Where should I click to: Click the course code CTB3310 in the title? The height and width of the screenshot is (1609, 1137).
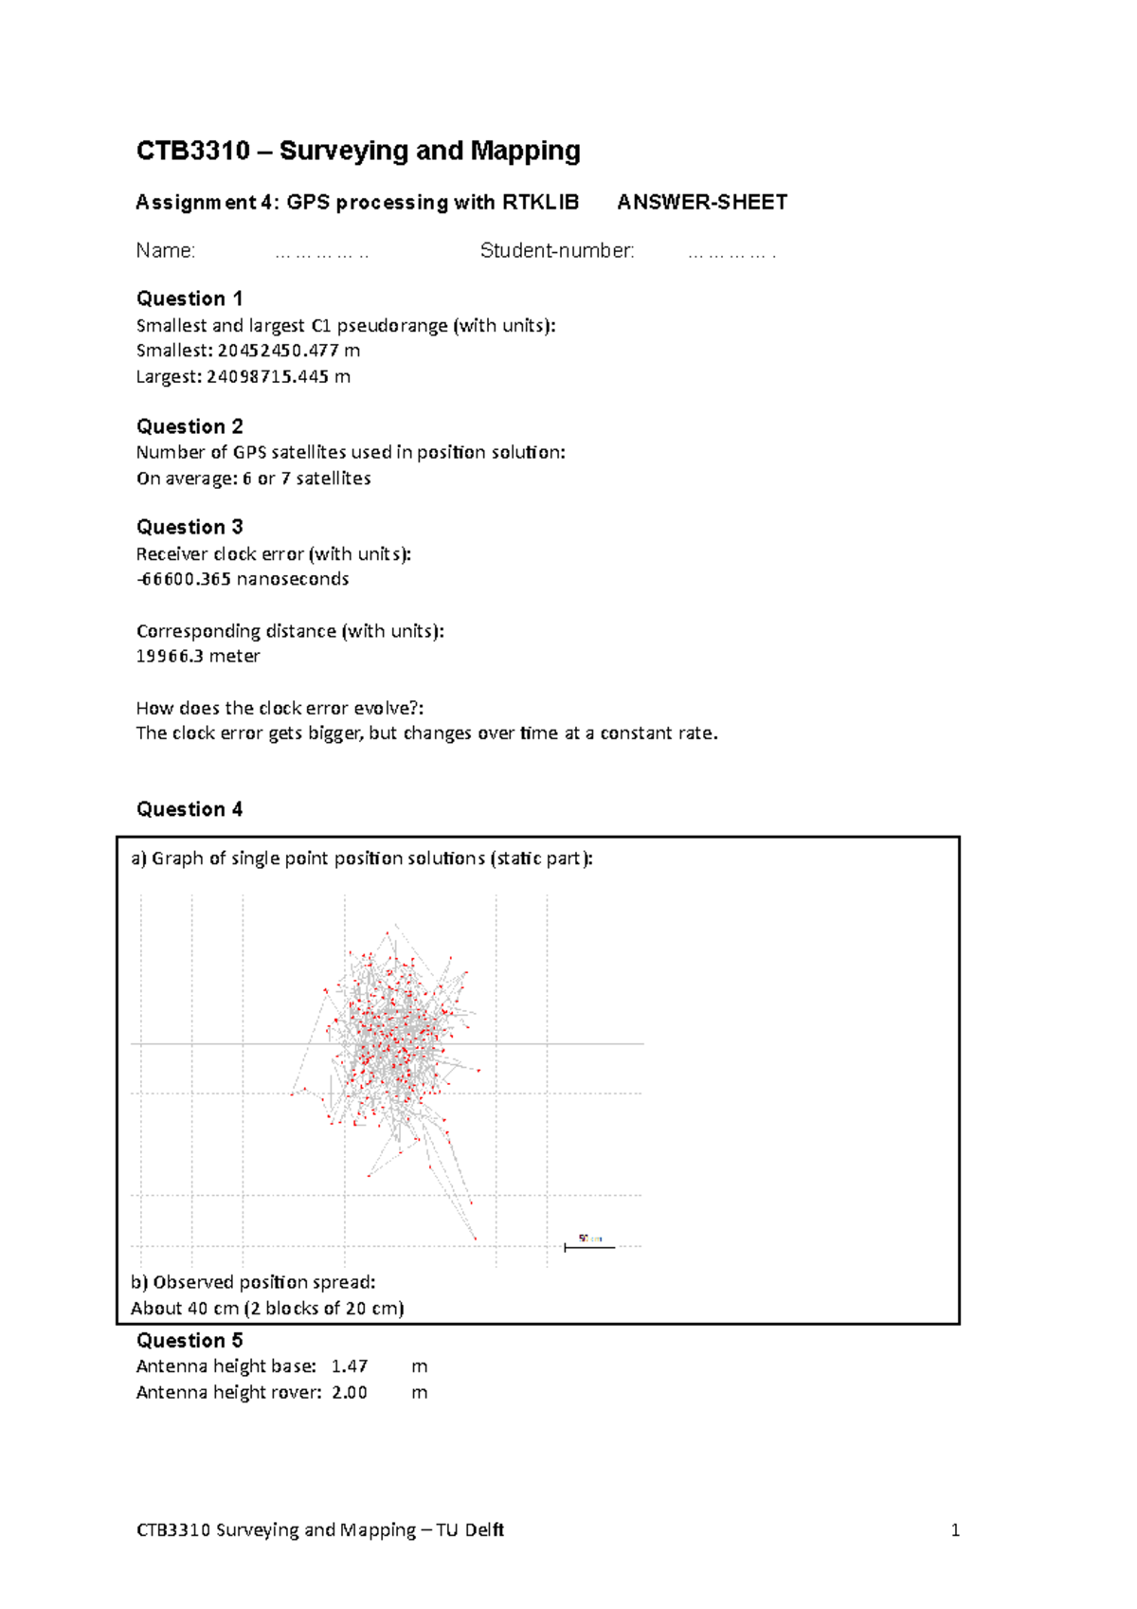[193, 151]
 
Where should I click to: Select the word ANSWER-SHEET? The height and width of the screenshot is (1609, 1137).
[702, 202]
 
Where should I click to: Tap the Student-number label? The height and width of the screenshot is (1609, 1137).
[557, 251]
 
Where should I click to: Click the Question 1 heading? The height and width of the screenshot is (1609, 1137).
[189, 298]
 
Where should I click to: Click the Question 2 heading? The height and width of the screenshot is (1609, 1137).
[189, 426]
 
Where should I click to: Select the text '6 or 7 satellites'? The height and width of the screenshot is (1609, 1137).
[306, 479]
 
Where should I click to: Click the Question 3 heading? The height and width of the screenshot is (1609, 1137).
[189, 527]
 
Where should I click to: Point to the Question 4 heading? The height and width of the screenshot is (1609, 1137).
[189, 809]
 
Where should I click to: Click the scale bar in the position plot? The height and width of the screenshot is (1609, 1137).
[589, 1247]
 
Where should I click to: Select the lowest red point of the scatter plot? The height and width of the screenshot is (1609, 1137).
[475, 1238]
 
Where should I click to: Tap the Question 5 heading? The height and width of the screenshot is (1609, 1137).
[189, 1340]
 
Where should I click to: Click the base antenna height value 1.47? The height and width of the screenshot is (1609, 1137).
[350, 1366]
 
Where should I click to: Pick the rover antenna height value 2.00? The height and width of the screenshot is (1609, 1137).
[350, 1393]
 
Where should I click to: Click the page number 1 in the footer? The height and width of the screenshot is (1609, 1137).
[955, 1529]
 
